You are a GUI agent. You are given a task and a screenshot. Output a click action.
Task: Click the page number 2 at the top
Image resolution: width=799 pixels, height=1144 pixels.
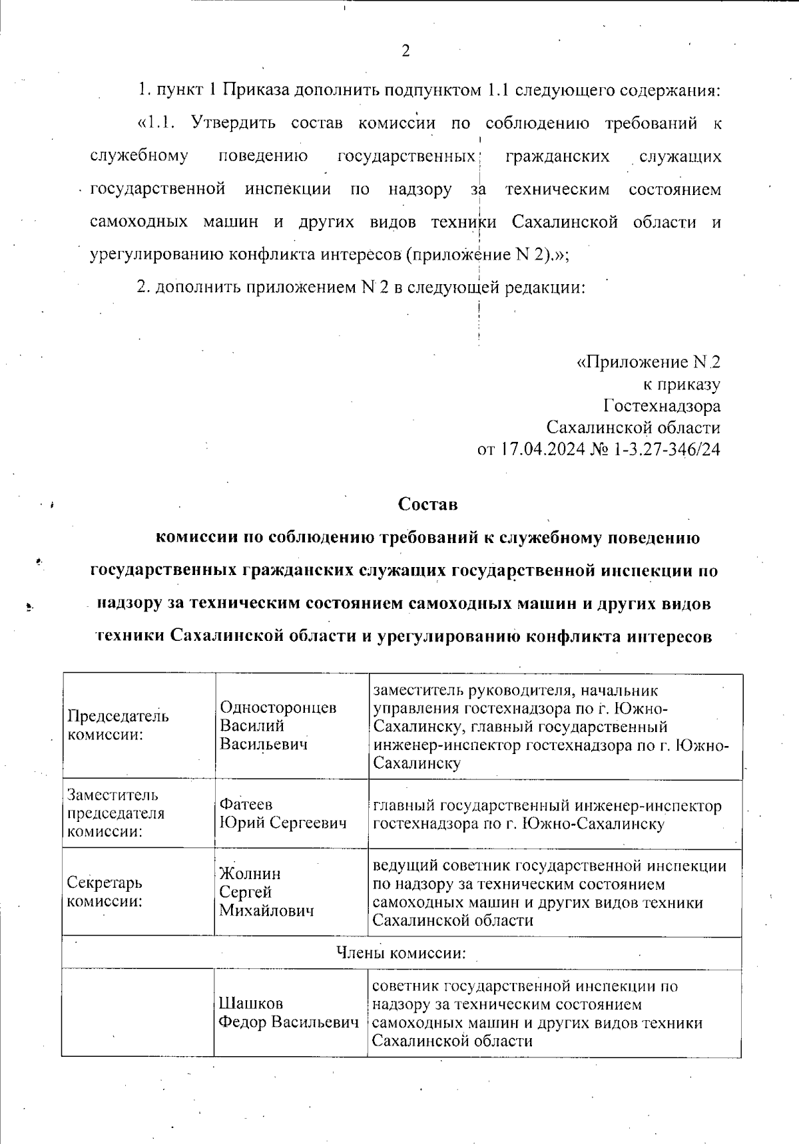pyautogui.click(x=405, y=52)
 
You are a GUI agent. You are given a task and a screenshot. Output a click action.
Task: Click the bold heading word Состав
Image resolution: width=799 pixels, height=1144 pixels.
pyautogui.click(x=427, y=504)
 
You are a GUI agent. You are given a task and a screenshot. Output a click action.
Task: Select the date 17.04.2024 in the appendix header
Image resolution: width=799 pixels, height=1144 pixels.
pyautogui.click(x=543, y=450)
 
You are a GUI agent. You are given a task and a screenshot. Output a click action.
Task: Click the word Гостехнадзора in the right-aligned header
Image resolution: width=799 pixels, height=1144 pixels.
pyautogui.click(x=662, y=406)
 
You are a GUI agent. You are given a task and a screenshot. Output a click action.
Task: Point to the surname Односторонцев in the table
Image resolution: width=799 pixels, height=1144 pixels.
pyautogui.click(x=278, y=707)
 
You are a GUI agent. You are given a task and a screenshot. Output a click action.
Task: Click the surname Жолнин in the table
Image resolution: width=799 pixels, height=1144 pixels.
pyautogui.click(x=250, y=874)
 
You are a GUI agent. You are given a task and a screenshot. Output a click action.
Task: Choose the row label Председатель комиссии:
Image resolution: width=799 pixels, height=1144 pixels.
pyautogui.click(x=118, y=725)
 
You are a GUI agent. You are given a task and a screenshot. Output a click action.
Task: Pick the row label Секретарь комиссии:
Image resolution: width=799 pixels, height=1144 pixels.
pyautogui.click(x=105, y=892)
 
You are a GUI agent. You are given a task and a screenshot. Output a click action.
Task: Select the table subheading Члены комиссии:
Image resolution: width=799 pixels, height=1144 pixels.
pyautogui.click(x=400, y=953)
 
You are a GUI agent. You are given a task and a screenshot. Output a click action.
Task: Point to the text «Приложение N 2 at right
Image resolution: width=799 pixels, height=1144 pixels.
pyautogui.click(x=648, y=363)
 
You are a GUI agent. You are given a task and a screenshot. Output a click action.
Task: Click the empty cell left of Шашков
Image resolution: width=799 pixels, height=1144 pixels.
pyautogui.click(x=138, y=1012)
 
